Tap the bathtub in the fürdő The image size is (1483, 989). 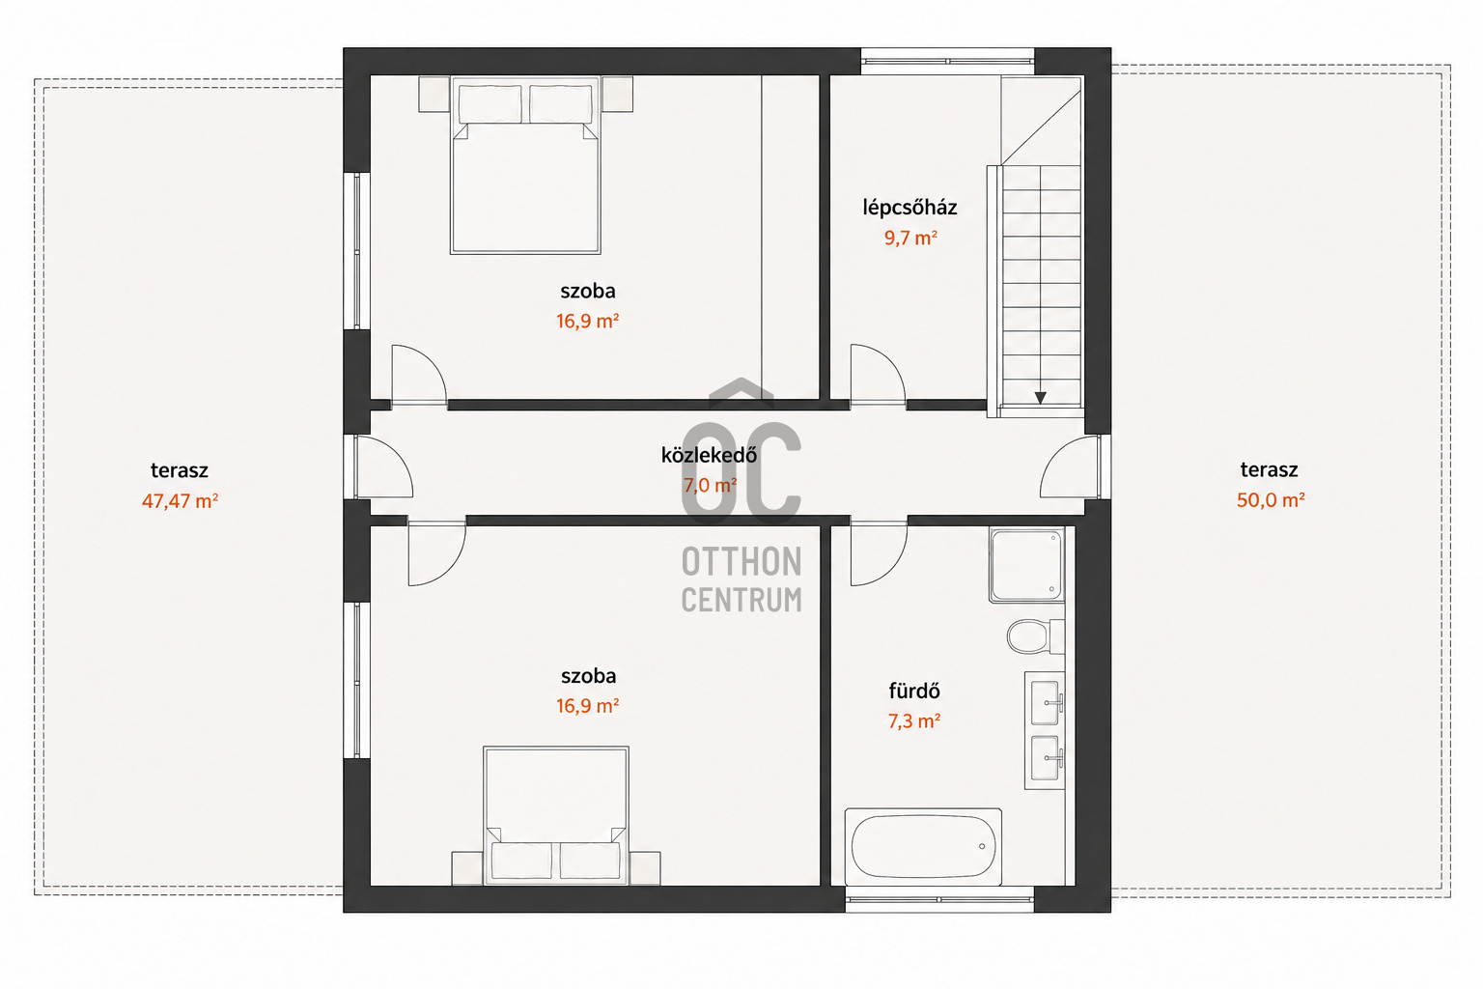pyautogui.click(x=923, y=847)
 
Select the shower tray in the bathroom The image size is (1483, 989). pyautogui.click(x=1027, y=565)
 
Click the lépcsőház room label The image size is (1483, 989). pyautogui.click(x=909, y=208)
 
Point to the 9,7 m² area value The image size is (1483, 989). pyautogui.click(x=910, y=238)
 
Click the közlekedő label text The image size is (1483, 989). pyautogui.click(x=709, y=455)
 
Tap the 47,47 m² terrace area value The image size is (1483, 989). pyautogui.click(x=181, y=501)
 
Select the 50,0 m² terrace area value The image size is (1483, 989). pyautogui.click(x=1271, y=499)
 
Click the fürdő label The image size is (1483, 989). pyautogui.click(x=914, y=691)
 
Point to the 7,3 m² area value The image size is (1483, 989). pyautogui.click(x=914, y=721)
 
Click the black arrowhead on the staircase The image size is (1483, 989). pyautogui.click(x=1040, y=398)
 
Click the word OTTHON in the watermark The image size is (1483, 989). pyautogui.click(x=741, y=562)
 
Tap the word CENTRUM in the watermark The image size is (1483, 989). pyautogui.click(x=741, y=600)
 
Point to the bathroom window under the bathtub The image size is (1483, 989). pyautogui.click(x=939, y=899)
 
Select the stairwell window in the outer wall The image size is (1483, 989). pyautogui.click(x=947, y=61)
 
